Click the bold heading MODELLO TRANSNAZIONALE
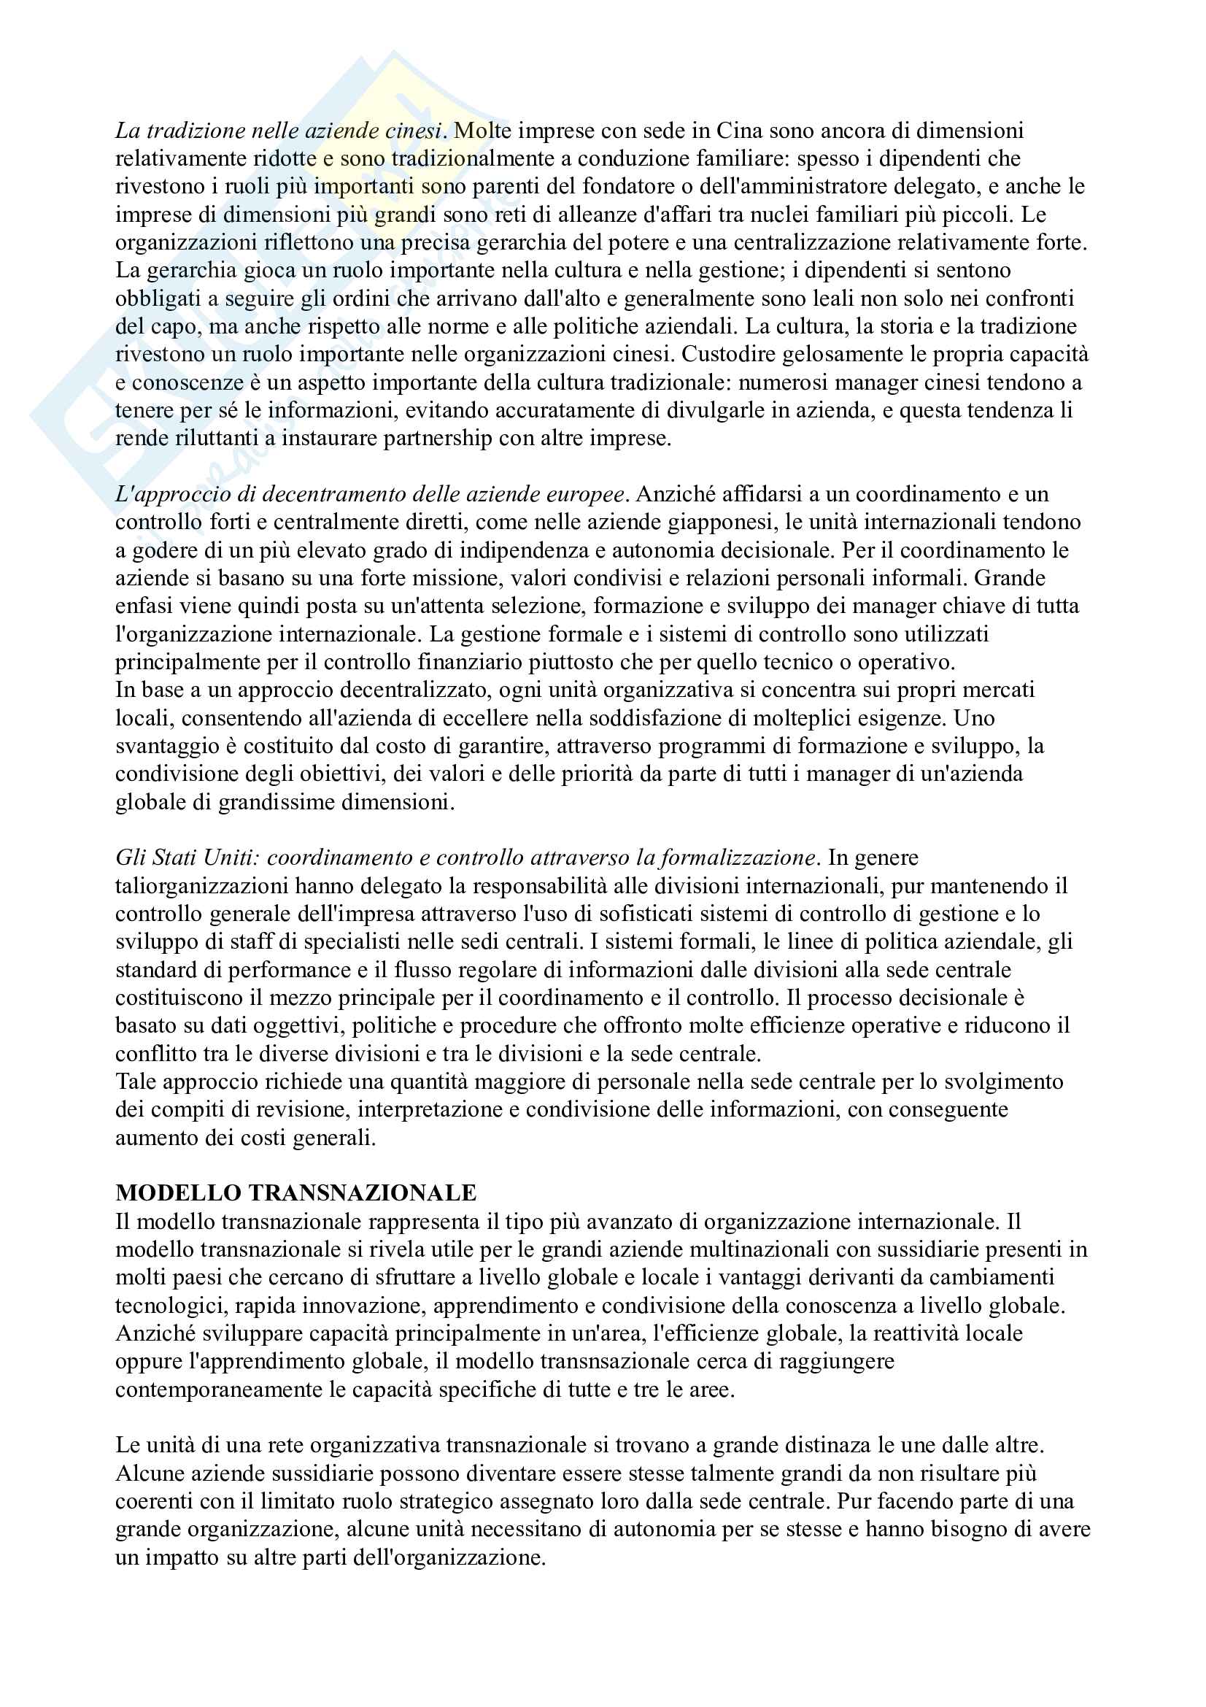click(x=295, y=1193)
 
